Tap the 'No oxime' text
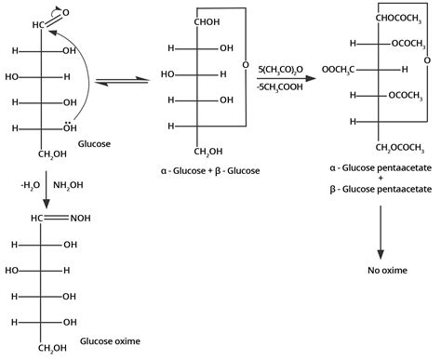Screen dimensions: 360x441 (381, 271)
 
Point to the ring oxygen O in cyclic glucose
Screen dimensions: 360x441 (245, 66)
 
